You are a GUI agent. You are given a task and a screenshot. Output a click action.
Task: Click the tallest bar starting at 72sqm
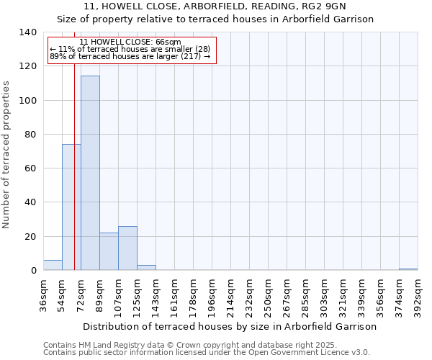point(90,173)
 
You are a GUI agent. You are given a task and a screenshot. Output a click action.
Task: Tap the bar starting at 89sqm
point(109,252)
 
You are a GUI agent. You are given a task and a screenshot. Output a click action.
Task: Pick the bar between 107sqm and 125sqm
point(127,248)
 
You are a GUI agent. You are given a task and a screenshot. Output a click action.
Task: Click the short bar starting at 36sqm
point(53,265)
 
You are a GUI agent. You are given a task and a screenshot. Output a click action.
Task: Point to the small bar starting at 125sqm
point(146,268)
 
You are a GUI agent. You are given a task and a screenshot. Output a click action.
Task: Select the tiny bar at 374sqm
point(408,269)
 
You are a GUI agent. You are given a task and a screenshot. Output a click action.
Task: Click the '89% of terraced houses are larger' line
point(130,56)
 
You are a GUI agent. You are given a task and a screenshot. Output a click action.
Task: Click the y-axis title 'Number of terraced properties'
point(7,155)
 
